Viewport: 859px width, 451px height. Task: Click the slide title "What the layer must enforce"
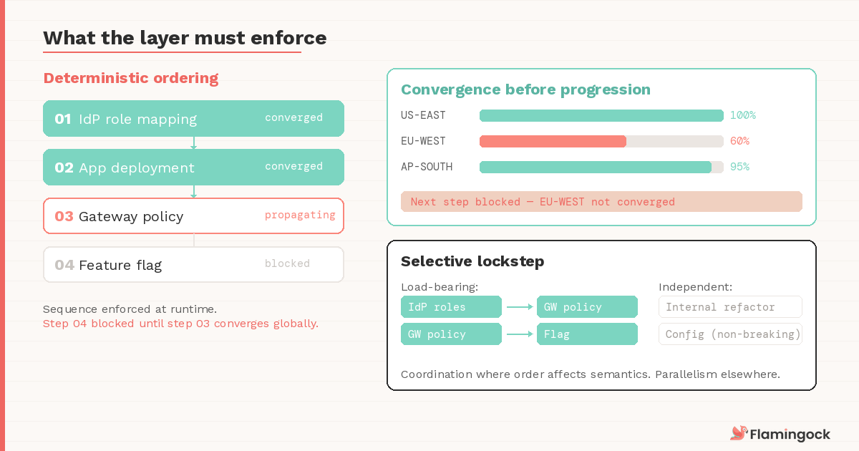tap(185, 38)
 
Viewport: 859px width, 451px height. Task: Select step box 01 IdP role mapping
tap(193, 118)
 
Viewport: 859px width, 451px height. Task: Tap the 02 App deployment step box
tap(193, 167)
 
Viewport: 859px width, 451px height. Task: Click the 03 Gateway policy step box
tap(193, 215)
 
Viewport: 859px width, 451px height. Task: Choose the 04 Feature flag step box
tap(193, 264)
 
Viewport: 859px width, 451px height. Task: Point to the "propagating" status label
tap(300, 215)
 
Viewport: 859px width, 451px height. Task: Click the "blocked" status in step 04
tap(287, 263)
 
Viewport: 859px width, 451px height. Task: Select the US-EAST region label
tap(423, 115)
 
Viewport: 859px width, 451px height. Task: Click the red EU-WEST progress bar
tap(553, 141)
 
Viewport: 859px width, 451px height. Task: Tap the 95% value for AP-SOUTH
tap(739, 167)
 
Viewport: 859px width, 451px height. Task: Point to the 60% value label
tap(739, 141)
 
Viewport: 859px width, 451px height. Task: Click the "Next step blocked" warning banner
tap(601, 201)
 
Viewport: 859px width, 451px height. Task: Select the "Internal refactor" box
tap(730, 307)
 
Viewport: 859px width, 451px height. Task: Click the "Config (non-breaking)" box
tap(730, 334)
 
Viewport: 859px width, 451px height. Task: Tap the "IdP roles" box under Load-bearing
tap(451, 307)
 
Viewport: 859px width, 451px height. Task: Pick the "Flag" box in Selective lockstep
tap(587, 334)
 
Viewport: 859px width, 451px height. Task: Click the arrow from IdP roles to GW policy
tap(520, 307)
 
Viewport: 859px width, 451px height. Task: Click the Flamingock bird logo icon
tap(738, 433)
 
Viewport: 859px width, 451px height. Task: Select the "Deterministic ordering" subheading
tap(131, 78)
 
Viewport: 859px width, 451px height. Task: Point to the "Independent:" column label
tap(695, 287)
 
